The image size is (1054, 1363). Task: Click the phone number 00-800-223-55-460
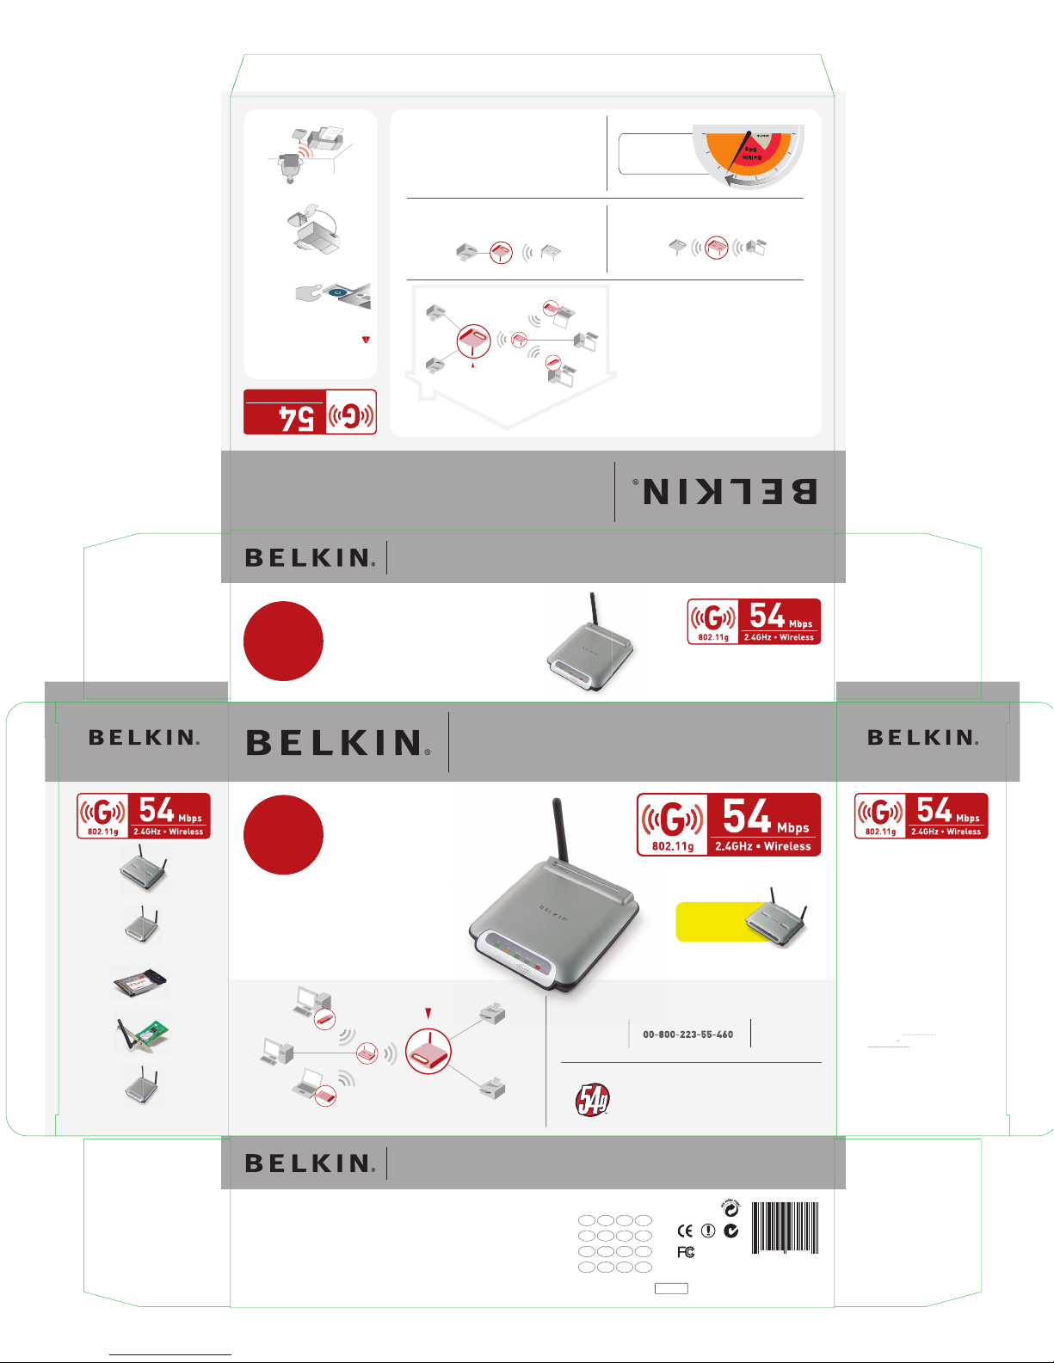(687, 1035)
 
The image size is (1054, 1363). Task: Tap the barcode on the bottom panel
(786, 1227)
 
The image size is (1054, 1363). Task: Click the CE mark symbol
(685, 1231)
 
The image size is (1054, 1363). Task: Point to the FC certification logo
(685, 1252)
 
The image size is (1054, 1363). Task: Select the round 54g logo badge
(592, 1100)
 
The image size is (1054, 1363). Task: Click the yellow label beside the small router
(714, 922)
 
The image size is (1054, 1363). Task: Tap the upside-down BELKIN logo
(730, 491)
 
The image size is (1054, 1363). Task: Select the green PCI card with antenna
(144, 1034)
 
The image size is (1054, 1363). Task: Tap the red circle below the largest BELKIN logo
(283, 835)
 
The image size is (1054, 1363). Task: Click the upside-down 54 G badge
(310, 413)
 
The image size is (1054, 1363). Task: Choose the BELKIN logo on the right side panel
(921, 738)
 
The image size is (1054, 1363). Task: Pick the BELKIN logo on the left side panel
(144, 738)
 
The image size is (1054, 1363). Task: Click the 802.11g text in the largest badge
(672, 846)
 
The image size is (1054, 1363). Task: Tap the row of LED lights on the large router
(516, 955)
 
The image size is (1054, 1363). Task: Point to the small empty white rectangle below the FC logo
(671, 1288)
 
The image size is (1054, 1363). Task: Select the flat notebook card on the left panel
(139, 983)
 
